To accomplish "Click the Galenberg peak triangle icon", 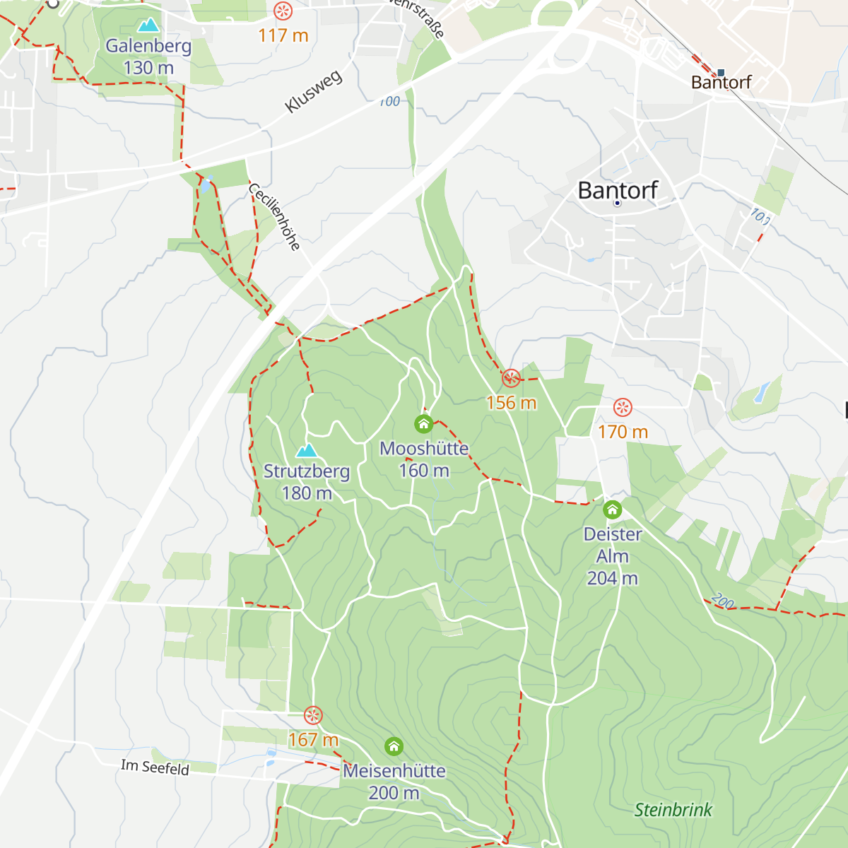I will [148, 26].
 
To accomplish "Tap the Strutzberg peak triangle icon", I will [306, 451].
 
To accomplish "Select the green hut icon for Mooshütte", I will [423, 424].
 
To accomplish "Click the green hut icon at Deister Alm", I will [612, 510].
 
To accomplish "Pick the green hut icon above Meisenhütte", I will [394, 746].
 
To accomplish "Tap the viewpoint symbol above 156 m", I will [511, 379].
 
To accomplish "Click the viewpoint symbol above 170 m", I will [623, 408].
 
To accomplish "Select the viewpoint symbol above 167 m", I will [313, 716].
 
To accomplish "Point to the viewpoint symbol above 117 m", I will [283, 11].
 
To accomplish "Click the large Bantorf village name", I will [618, 190].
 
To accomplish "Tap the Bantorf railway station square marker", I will [721, 72].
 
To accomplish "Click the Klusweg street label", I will [314, 92].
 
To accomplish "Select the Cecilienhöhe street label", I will [275, 217].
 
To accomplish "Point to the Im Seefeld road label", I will [155, 767].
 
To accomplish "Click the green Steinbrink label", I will [673, 810].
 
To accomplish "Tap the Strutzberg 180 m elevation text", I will [307, 493].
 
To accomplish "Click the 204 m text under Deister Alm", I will [612, 578].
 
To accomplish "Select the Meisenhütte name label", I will [394, 771].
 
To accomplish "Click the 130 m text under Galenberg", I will [148, 68].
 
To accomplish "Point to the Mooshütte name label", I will [424, 449].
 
